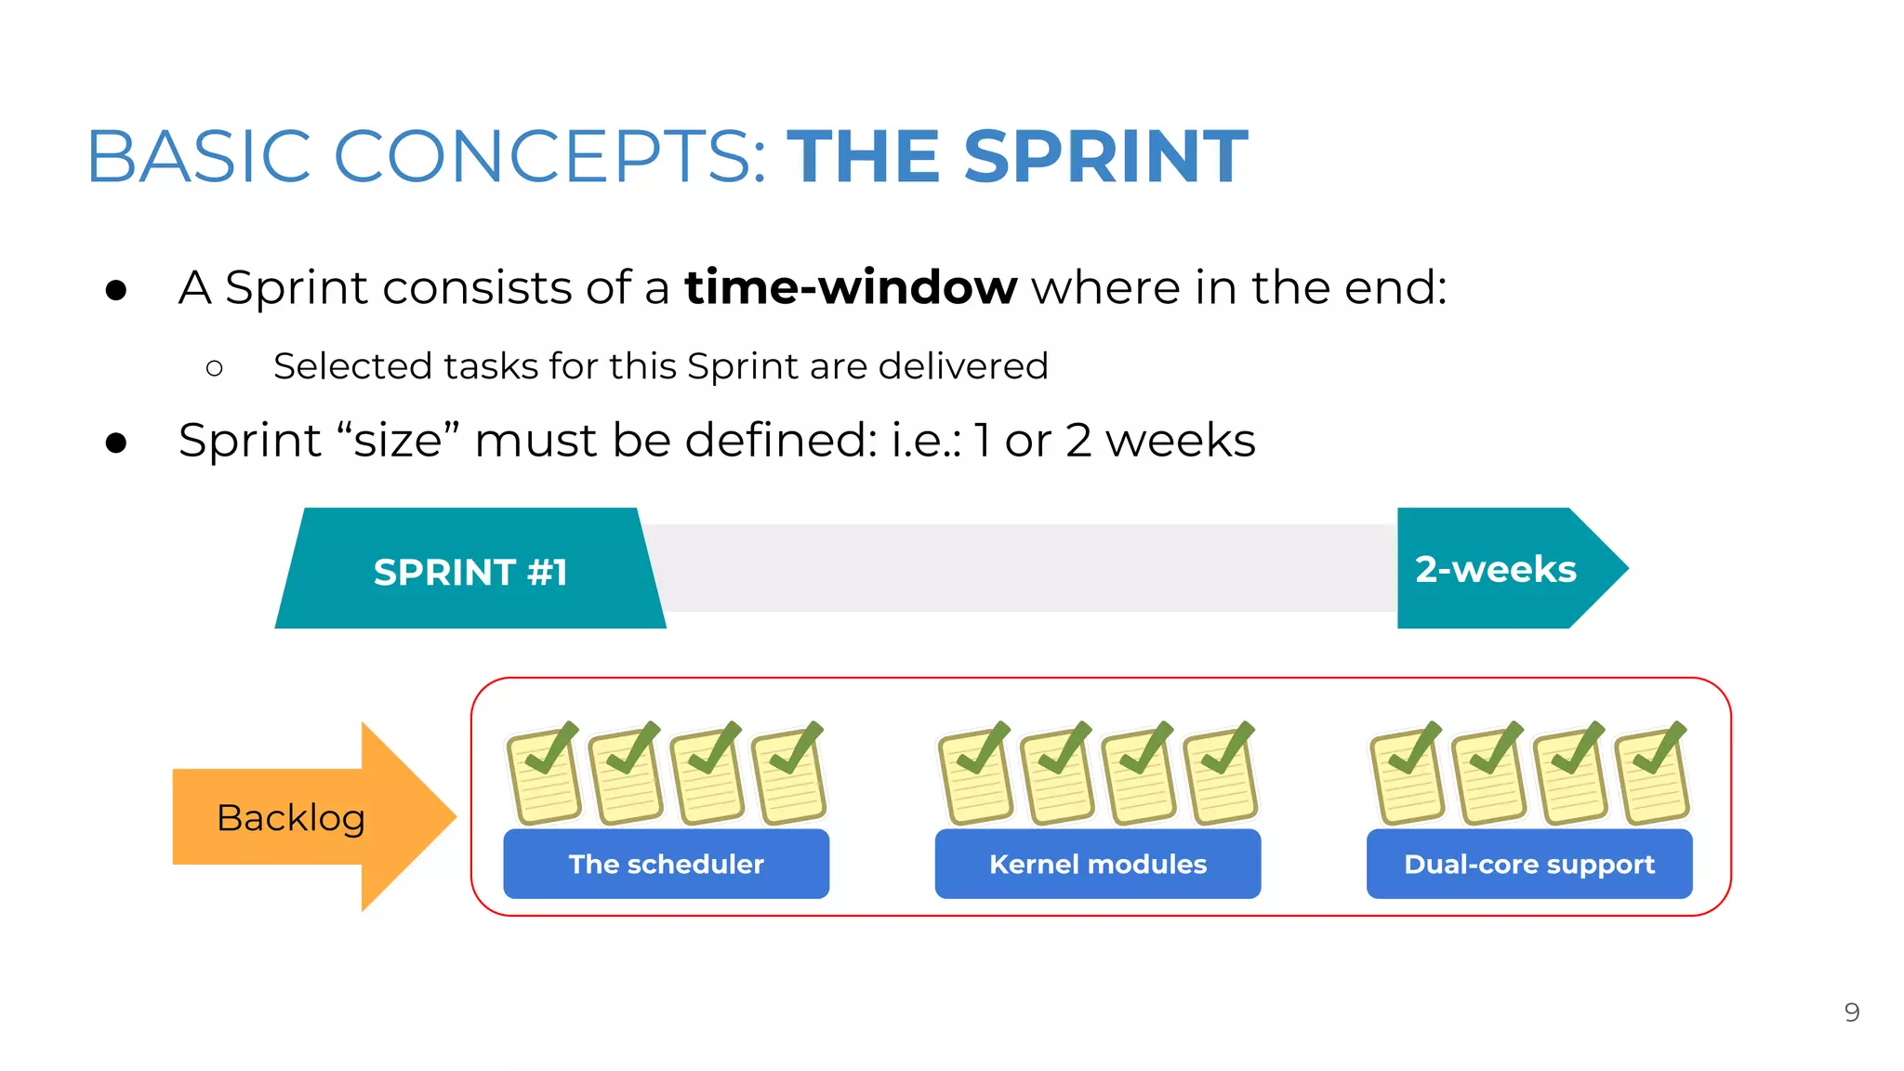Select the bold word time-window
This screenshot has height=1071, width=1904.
pos(851,287)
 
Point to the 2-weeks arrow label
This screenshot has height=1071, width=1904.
pos(1496,569)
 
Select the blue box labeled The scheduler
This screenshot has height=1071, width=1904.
pos(666,864)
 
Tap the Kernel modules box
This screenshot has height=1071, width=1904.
pos(1097,864)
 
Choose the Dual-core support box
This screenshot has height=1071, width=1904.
pos(1528,864)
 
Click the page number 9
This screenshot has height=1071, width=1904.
pos(1851,1011)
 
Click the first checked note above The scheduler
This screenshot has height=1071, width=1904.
pos(544,774)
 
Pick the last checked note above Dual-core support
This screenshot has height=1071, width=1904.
pos(1652,774)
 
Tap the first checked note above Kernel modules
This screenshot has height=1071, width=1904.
pos(975,774)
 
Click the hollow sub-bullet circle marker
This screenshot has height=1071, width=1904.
pos(215,368)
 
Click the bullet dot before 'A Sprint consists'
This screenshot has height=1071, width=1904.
pos(116,290)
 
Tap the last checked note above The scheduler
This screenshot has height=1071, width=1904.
pos(789,774)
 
